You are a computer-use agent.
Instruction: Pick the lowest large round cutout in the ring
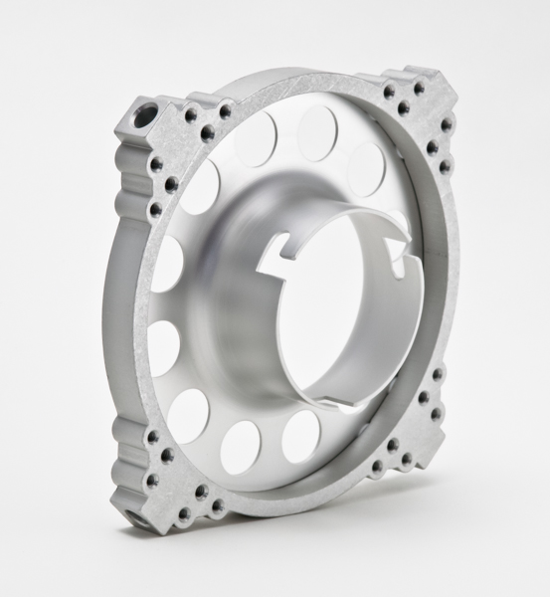click(240, 447)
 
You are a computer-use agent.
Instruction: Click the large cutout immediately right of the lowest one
click(300, 436)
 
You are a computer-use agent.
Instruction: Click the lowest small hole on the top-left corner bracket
click(155, 209)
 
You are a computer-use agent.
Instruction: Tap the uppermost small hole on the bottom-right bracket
click(438, 375)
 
